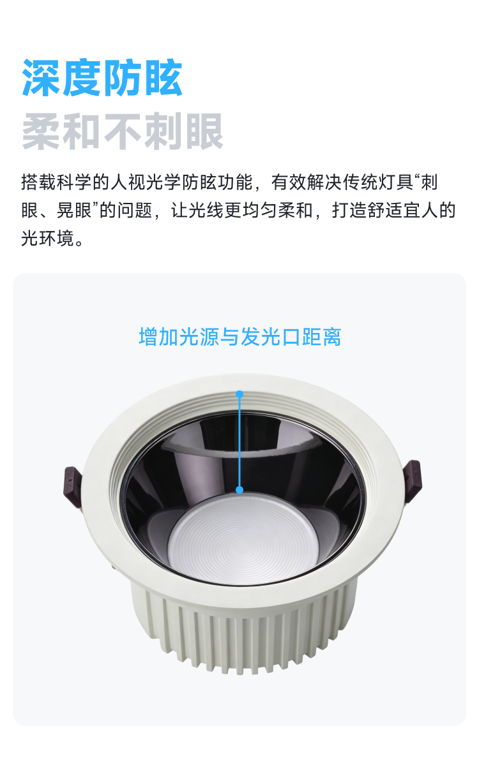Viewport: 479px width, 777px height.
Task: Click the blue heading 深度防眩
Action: (102, 77)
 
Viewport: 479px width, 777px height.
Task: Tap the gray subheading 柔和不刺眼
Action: (122, 131)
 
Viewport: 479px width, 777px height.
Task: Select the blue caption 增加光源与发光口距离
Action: (240, 336)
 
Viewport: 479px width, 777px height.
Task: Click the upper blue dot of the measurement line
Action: (240, 394)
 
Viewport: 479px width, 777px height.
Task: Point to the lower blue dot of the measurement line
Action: (240, 490)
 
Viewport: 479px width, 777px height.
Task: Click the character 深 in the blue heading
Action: (42, 77)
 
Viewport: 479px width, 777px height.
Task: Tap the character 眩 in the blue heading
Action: (163, 77)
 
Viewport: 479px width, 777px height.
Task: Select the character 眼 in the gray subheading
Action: (204, 131)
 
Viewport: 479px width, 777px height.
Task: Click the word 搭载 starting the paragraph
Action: (38, 182)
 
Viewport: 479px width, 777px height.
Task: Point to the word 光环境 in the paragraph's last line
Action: (48, 239)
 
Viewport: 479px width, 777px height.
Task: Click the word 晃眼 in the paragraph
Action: (74, 211)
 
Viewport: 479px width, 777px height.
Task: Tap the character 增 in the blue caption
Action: (148, 336)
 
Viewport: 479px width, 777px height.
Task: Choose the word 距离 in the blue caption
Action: (322, 336)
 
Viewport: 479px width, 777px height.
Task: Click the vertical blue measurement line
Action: (240, 442)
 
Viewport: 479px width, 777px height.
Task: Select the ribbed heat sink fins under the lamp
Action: (243, 632)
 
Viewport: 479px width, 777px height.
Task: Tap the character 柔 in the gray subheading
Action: (42, 131)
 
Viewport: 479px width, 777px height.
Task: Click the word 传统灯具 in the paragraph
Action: (378, 182)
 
